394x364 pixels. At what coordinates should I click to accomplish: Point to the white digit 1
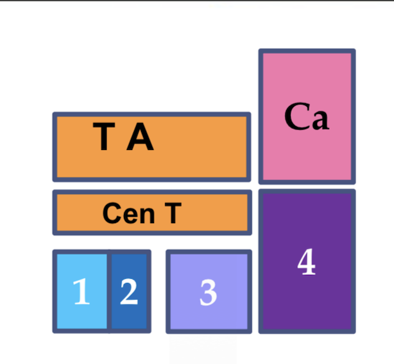point(81,293)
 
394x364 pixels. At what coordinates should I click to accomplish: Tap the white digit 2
point(129,292)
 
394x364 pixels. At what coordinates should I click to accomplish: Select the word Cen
point(128,213)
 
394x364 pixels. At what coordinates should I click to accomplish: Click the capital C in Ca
point(295,117)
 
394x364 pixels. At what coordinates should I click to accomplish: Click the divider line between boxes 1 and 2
point(109,292)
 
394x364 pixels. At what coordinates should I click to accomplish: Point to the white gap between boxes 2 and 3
point(158,292)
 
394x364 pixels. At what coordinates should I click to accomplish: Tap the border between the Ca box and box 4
point(307,187)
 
